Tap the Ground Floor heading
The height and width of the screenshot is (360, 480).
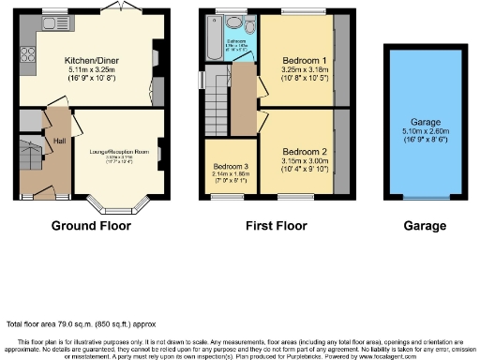tap(91, 226)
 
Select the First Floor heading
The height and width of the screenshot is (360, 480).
tap(272, 226)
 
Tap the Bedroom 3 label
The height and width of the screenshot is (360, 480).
tap(231, 168)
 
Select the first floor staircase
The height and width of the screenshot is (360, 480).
tap(218, 96)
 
